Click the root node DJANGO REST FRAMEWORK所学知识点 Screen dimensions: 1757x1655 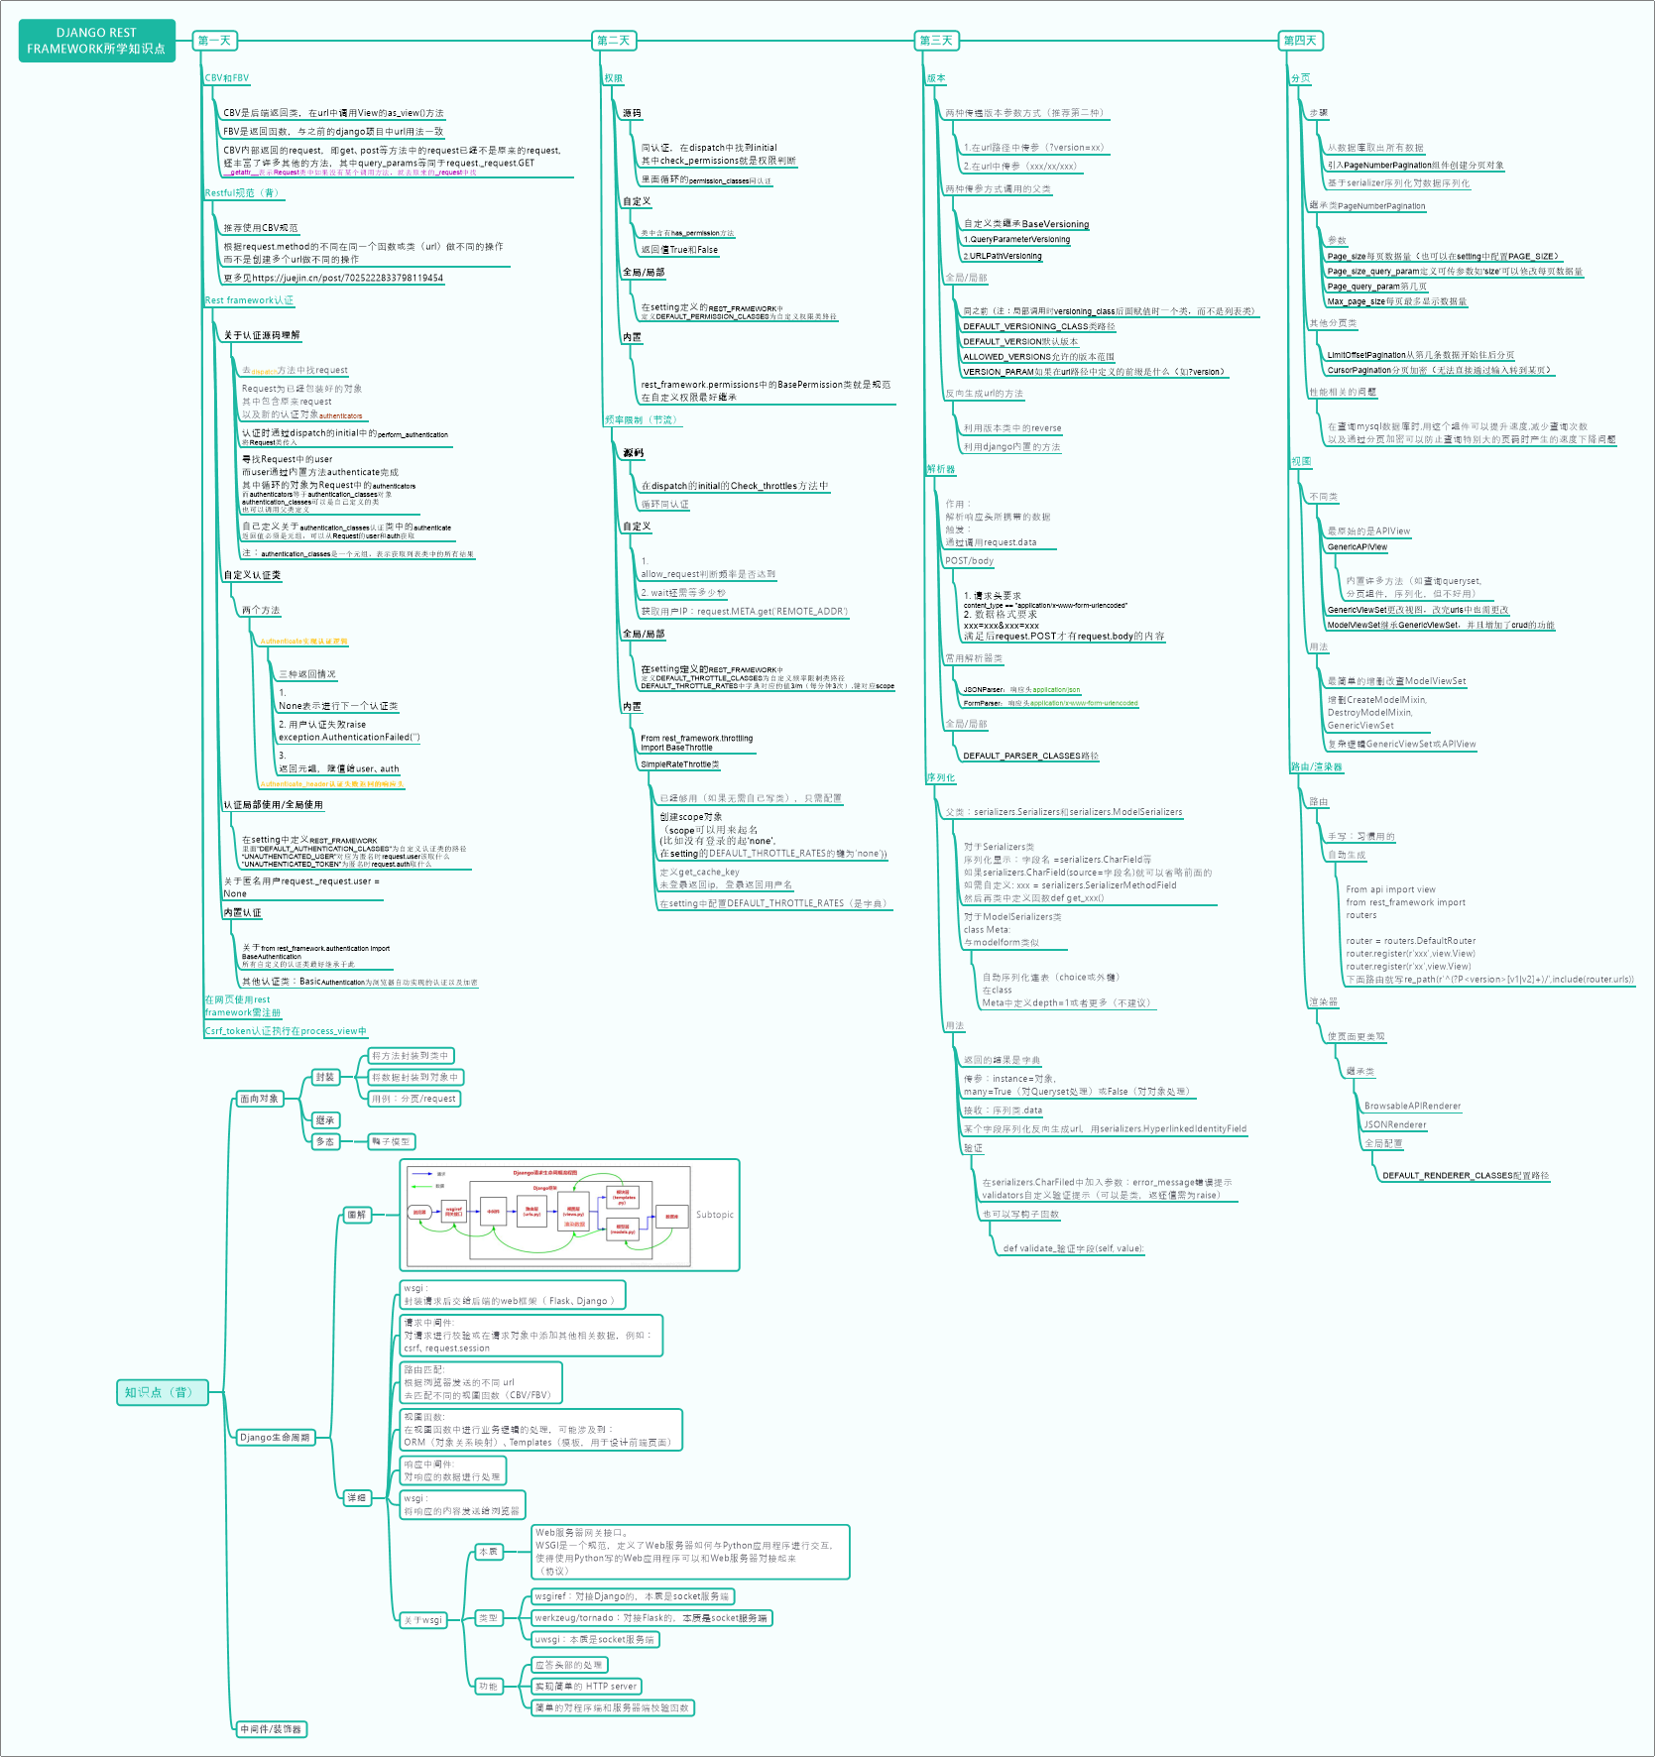pos(96,41)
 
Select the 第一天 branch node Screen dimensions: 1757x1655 pos(214,41)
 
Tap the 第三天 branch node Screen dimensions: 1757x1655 pos(935,41)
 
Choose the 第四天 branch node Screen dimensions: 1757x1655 pos(1299,41)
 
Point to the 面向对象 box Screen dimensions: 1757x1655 pos(260,1099)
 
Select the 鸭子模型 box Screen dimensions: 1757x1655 pos(391,1142)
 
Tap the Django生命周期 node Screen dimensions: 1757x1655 pos(275,1437)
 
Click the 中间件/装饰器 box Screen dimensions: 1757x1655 pos(271,1729)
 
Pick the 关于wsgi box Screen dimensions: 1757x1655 pos(422,1620)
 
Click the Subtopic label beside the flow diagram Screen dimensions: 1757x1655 pos(714,1215)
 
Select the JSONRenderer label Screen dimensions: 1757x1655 pos(1394,1124)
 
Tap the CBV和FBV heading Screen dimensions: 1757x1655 pos(227,78)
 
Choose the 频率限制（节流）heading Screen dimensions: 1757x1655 pos(643,420)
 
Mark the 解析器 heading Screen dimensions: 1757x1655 pos(941,469)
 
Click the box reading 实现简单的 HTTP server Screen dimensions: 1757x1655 pos(586,1686)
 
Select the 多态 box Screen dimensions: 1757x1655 pos(325,1142)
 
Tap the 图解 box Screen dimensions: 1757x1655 pos(357,1215)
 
